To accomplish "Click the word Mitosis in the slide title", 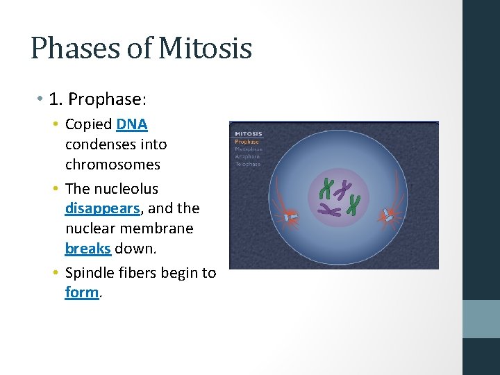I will coord(205,49).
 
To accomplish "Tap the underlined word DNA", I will coord(132,124).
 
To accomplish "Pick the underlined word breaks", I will coord(87,248).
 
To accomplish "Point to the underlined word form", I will coord(82,292).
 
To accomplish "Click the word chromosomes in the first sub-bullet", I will coord(112,165).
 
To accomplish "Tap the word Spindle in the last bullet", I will coord(88,273).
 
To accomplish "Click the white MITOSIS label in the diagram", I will coord(248,134).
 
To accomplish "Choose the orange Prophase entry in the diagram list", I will coord(247,142).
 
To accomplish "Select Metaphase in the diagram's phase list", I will coord(248,149).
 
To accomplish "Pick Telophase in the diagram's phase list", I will coord(247,164).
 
